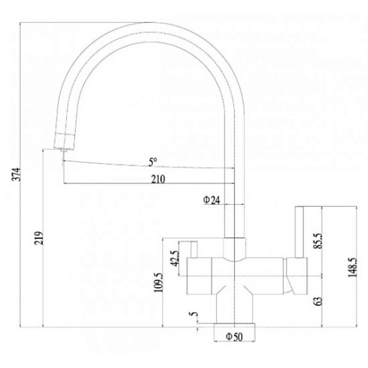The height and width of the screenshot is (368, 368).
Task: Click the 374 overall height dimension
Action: pyautogui.click(x=17, y=174)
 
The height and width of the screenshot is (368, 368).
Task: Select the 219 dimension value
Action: pyautogui.click(x=39, y=238)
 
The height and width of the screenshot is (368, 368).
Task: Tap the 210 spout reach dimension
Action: pyautogui.click(x=158, y=179)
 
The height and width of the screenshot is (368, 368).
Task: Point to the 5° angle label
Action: pyautogui.click(x=153, y=162)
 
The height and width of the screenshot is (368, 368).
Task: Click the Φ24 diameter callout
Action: pyautogui.click(x=212, y=200)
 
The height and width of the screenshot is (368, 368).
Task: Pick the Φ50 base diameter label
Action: pyautogui.click(x=234, y=337)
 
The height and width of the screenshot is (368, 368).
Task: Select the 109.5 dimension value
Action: pyautogui.click(x=158, y=282)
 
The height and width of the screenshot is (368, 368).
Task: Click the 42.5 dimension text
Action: pyautogui.click(x=175, y=258)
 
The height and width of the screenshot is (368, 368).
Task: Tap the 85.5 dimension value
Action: pyautogui.click(x=319, y=241)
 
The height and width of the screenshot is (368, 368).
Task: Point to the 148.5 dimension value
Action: pyautogui.click(x=353, y=267)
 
